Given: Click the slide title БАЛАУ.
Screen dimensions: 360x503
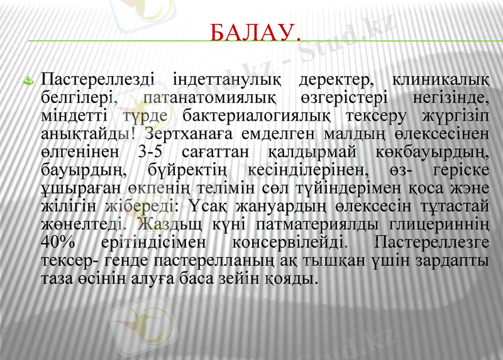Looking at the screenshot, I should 253,31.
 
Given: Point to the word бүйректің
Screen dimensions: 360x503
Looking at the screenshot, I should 189,169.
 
